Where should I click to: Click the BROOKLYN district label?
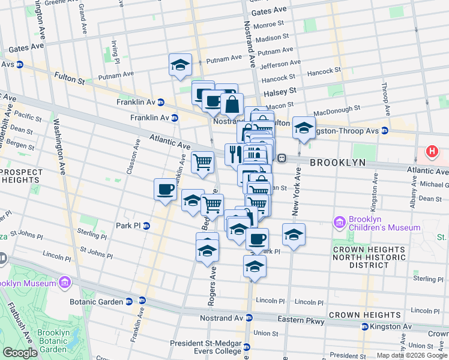click(338, 163)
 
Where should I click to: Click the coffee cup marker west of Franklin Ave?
click(165, 189)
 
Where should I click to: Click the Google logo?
click(20, 353)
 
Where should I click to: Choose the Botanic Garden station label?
click(97, 302)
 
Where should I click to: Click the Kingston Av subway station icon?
click(364, 326)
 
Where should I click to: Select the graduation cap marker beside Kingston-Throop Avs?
click(304, 127)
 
